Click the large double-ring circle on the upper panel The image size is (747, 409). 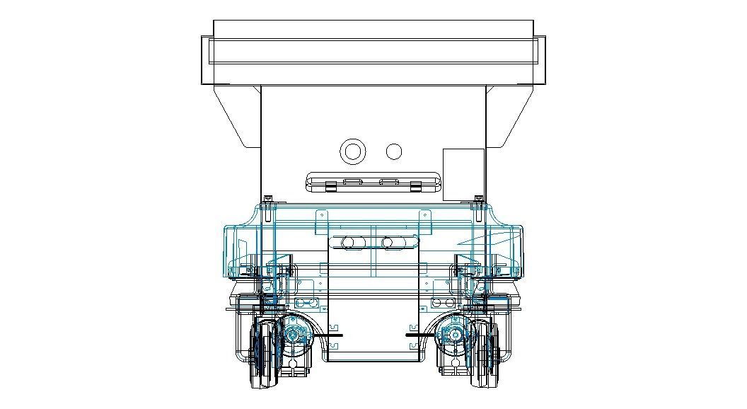[352, 151]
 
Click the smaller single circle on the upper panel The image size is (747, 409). [394, 151]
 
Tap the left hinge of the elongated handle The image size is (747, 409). [330, 186]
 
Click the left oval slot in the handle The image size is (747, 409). [352, 182]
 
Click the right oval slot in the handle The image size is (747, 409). [388, 182]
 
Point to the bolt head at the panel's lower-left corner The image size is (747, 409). [267, 199]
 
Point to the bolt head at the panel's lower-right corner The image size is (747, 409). [479, 199]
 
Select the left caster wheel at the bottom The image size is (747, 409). [265, 354]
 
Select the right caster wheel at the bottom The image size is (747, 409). [483, 354]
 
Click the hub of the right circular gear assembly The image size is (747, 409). [453, 334]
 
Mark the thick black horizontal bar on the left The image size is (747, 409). [330, 334]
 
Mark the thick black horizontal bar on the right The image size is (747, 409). [417, 334]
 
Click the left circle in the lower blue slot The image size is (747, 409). [347, 243]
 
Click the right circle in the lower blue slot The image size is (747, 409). [387, 243]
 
